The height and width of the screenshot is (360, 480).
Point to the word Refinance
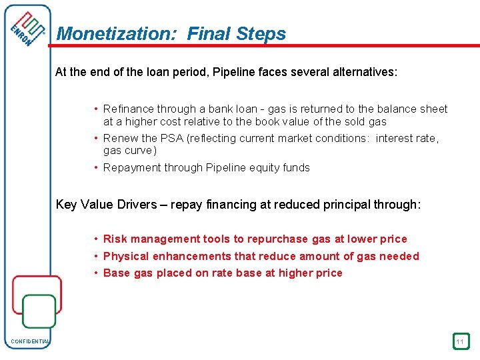tap(129, 109)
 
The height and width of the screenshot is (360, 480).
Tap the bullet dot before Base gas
tap(97, 273)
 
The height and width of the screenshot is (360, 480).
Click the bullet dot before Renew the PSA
tap(97, 138)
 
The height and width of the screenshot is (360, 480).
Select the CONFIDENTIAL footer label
tap(30, 342)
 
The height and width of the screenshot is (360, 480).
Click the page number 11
tap(460, 341)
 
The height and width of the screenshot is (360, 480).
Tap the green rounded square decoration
tap(39, 311)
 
